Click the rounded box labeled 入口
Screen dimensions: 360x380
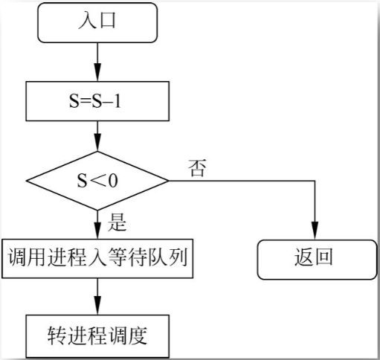tap(98, 22)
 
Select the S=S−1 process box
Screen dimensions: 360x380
tap(98, 100)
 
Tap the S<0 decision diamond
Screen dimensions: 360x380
tap(98, 179)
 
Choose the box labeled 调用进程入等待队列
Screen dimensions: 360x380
tap(98, 258)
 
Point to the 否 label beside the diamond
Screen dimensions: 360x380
tap(198, 167)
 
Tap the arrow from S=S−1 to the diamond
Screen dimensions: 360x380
tap(98, 138)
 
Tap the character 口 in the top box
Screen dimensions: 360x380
tap(109, 22)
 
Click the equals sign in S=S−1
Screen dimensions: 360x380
tap(83, 101)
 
